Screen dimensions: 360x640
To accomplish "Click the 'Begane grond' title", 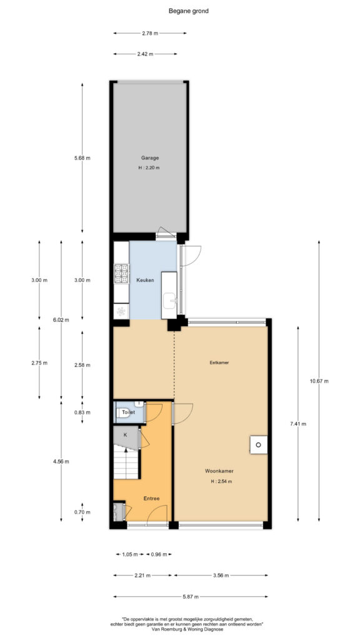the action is coord(189,11).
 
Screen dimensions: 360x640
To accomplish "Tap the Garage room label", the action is coord(150,158).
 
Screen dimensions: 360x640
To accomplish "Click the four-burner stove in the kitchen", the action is coord(121,274).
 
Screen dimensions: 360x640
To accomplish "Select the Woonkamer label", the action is coord(219,471).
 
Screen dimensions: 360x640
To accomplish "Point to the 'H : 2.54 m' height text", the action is coord(221,481).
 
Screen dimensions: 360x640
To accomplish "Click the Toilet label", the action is coord(128,412).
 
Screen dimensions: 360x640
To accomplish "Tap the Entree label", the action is coord(151,498).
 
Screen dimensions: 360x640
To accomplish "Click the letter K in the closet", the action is coord(125,435).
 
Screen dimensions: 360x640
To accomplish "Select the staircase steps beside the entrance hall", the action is coord(126,462).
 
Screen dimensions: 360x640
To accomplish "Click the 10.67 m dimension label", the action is coord(319,381).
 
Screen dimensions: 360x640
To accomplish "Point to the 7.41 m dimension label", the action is coord(298,424).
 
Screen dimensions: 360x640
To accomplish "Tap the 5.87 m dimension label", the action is coord(191,597).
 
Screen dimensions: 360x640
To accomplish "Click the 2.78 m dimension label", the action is coord(150,34).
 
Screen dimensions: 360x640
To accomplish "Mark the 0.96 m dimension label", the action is coord(158,554).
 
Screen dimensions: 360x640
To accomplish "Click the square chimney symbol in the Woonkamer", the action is coord(259,444).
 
